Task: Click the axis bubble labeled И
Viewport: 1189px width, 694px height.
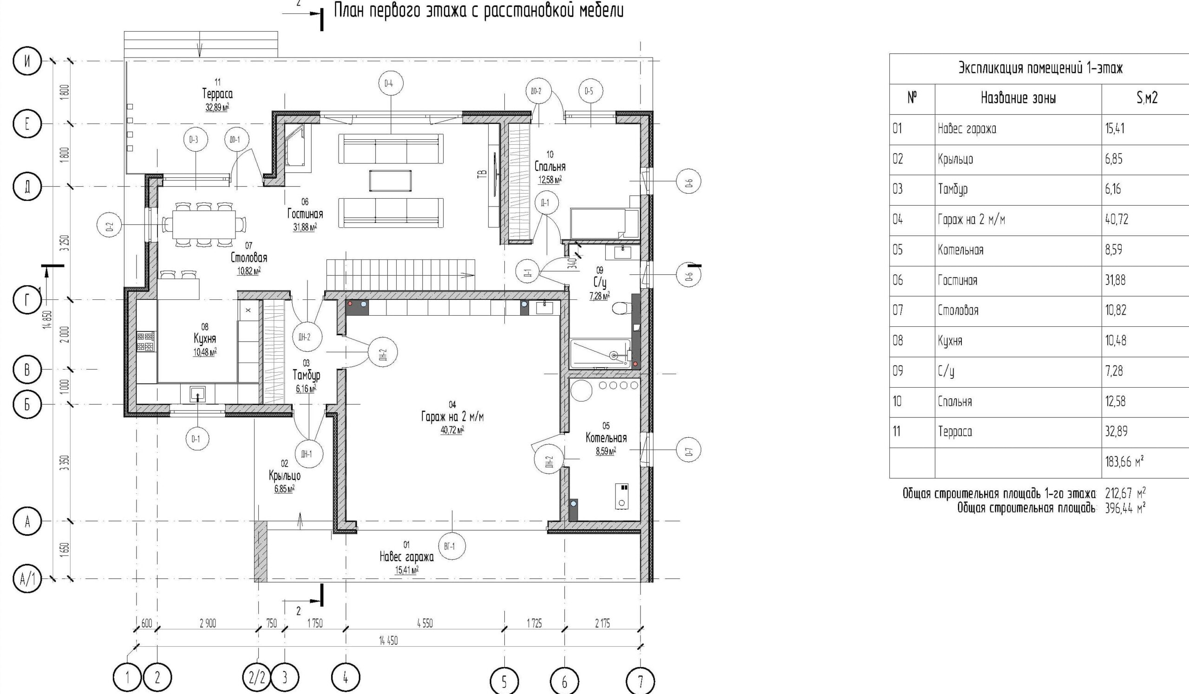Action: pyautogui.click(x=27, y=62)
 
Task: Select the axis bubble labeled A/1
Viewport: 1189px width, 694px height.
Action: pyautogui.click(x=27, y=579)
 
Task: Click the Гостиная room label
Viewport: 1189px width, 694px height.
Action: pyautogui.click(x=305, y=214)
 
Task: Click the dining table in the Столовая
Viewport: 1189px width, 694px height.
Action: pyautogui.click(x=204, y=224)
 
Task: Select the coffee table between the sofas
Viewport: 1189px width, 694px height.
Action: pyautogui.click(x=390, y=181)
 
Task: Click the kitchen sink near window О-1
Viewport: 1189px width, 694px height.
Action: pyautogui.click(x=197, y=394)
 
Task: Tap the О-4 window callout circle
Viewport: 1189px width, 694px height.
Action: pyautogui.click(x=391, y=84)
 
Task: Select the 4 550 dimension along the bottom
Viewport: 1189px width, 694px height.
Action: pyautogui.click(x=425, y=623)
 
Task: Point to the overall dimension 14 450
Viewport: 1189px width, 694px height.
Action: pyautogui.click(x=388, y=640)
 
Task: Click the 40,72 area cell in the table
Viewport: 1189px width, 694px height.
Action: pyautogui.click(x=1117, y=219)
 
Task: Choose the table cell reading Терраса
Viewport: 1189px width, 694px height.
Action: pyautogui.click(x=955, y=431)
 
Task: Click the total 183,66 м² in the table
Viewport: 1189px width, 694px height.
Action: pyautogui.click(x=1124, y=461)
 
